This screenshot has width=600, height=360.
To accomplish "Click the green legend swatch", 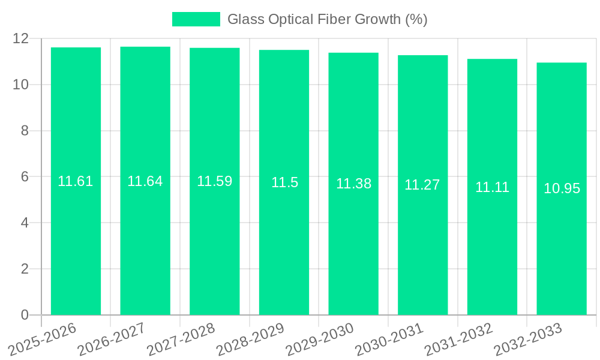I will coord(196,19).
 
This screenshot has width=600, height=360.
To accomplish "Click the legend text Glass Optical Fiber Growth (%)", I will coord(327,19).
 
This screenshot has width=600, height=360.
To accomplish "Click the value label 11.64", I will coord(145,181).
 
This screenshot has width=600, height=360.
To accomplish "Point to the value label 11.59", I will coord(214,181).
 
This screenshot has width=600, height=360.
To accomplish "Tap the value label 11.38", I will coord(353,184).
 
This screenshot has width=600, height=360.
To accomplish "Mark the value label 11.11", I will coord(492,187).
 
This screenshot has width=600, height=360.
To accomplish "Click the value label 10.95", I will coord(562,188).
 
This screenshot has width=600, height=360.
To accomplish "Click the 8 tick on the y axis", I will coord(25,131).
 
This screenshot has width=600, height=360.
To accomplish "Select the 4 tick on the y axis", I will coord(25,223).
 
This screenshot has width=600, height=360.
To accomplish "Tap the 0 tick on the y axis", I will coord(25,315).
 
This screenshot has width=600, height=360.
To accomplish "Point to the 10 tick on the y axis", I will coord(21,85).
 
